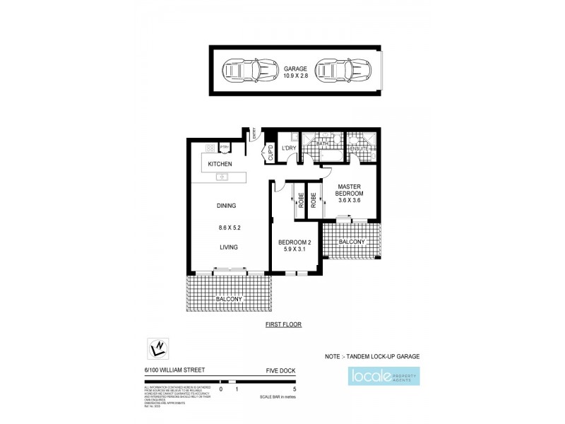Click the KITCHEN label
(220, 164)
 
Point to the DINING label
(226, 206)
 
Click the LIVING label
(227, 247)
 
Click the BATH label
(323, 144)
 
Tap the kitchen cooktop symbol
(210, 148)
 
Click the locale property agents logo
(384, 375)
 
